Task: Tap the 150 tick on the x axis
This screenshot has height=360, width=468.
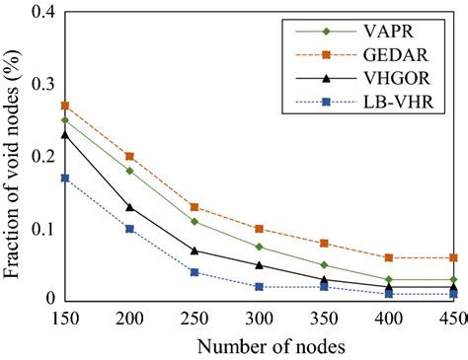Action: click(64, 318)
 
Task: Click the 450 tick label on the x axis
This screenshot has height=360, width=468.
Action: click(451, 318)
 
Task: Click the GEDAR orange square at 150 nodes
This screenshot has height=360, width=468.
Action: click(64, 106)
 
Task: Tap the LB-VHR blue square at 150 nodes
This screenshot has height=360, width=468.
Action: click(64, 178)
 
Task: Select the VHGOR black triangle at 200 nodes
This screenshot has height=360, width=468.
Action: click(129, 206)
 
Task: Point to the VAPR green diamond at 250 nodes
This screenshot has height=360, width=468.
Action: click(194, 221)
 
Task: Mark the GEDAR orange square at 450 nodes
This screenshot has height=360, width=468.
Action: click(451, 257)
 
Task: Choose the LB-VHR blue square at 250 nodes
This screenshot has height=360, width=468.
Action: click(194, 272)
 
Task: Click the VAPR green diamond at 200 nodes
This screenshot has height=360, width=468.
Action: click(129, 171)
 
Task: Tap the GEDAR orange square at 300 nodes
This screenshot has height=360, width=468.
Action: click(258, 229)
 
